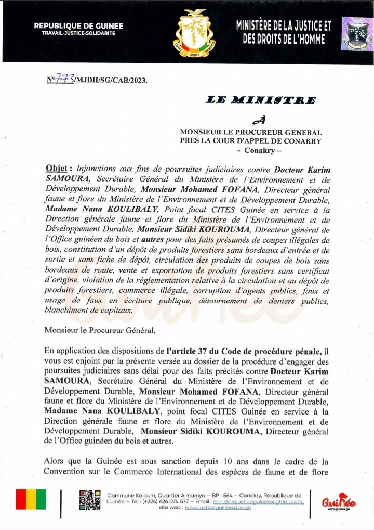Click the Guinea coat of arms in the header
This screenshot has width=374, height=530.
pyautogui.click(x=193, y=32)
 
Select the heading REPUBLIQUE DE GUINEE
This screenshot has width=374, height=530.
pyautogui.click(x=78, y=25)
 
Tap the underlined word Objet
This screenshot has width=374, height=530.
pyautogui.click(x=56, y=169)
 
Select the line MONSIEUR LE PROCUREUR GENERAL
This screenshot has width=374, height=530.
pyautogui.click(x=251, y=133)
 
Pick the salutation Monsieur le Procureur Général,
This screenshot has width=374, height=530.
pyautogui.click(x=100, y=329)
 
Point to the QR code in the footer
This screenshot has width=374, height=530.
pyautogui.click(x=90, y=500)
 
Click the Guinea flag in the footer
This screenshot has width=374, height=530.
pyautogui.click(x=31, y=500)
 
